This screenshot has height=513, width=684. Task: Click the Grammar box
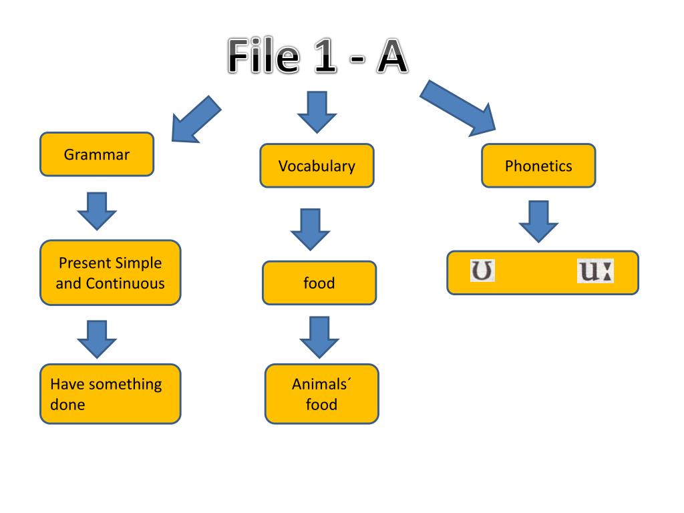pos(97,154)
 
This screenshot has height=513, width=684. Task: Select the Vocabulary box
pos(317,166)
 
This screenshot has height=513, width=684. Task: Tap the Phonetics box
pos(538,166)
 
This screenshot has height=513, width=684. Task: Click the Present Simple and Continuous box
pos(110,273)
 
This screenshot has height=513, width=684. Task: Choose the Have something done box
pos(110,394)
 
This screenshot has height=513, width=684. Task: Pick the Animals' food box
pos(322,394)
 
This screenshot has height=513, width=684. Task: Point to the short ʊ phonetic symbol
pos(482,271)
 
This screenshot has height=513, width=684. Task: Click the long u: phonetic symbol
pos(595,271)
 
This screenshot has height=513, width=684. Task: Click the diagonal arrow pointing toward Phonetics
pos(458,108)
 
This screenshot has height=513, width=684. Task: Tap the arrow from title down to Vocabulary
pos(317,112)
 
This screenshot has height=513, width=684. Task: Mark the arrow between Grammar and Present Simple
pos(97,211)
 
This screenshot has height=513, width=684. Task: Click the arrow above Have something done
pos(97,339)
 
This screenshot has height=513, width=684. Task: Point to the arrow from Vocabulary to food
pos(310,230)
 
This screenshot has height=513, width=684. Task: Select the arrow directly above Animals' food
pos(319,337)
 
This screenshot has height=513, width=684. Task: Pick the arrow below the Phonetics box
pos(538,222)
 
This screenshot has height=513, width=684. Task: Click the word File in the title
pos(264,56)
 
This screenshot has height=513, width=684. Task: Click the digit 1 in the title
pos(325,56)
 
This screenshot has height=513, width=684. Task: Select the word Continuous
pos(126,283)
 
